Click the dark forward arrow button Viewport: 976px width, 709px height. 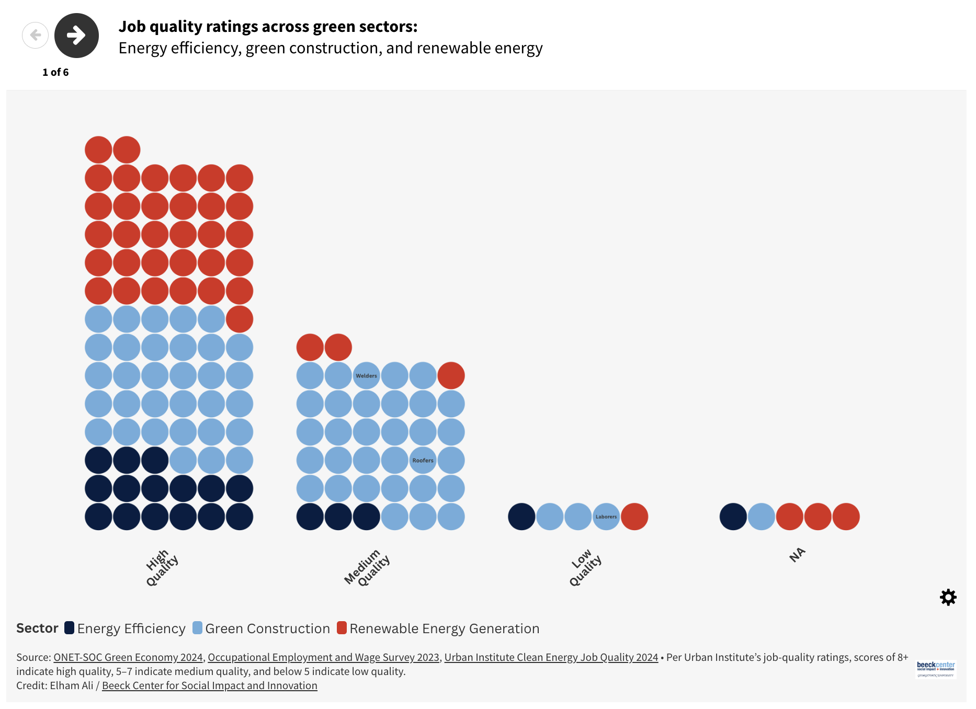click(x=76, y=36)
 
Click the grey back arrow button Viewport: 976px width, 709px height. click(x=35, y=36)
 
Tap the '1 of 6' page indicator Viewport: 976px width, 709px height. click(x=55, y=72)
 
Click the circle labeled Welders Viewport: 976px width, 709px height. click(x=366, y=375)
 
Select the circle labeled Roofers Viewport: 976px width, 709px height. click(x=423, y=460)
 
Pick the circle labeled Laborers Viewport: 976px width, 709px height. click(x=606, y=517)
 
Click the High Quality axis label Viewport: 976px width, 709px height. click(x=162, y=568)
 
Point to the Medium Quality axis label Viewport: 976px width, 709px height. click(x=367, y=568)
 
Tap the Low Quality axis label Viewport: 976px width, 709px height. click(x=585, y=568)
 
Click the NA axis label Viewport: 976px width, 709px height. click(x=797, y=555)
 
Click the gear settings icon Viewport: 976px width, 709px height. click(x=948, y=597)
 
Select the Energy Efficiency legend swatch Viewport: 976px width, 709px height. click(x=70, y=628)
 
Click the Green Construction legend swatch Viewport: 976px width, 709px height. click(x=197, y=628)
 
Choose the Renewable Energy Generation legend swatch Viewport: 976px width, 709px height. click(x=342, y=628)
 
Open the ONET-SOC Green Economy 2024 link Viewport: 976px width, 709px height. click(x=128, y=657)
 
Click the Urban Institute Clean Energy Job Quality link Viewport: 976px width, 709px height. click(x=551, y=657)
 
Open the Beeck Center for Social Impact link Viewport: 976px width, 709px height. click(x=209, y=685)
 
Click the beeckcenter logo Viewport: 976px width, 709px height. click(x=935, y=668)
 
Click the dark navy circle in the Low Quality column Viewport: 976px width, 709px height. click(x=521, y=517)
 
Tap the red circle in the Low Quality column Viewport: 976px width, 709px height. click(x=634, y=517)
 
